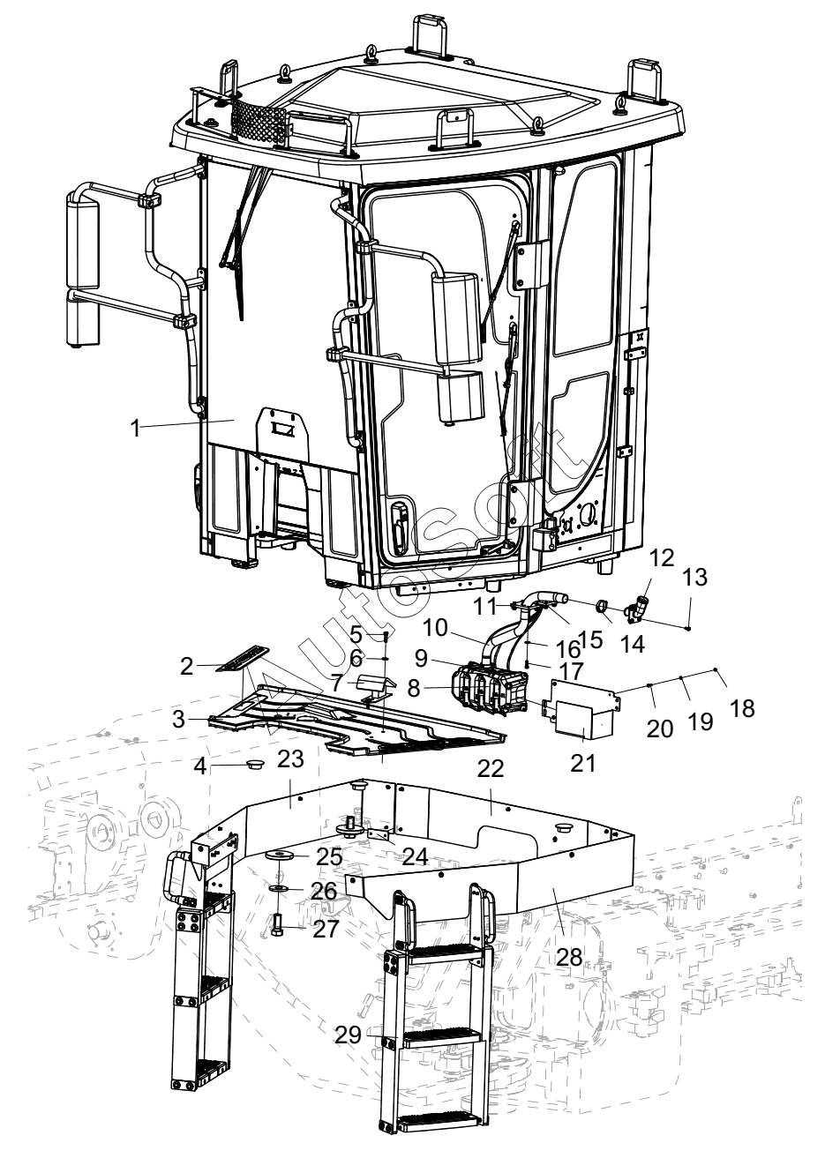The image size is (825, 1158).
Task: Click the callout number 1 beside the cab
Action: (136, 429)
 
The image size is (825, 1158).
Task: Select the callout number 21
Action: (583, 763)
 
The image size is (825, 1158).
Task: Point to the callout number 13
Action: (695, 577)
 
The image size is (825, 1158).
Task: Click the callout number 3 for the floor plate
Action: (179, 719)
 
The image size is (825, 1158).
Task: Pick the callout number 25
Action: (329, 856)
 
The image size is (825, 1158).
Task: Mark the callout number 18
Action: (743, 708)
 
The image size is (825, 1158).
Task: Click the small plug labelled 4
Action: (254, 763)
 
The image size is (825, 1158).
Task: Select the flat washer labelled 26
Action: (280, 887)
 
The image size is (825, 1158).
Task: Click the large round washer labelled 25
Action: (280, 855)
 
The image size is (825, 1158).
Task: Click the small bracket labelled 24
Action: (379, 835)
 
